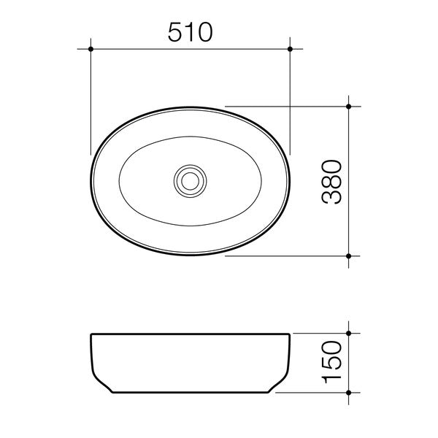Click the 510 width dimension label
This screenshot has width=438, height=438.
(x=190, y=31)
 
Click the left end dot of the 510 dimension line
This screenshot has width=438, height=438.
(x=91, y=49)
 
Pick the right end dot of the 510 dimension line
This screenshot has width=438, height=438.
(x=291, y=49)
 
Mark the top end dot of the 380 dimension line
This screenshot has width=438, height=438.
(x=349, y=107)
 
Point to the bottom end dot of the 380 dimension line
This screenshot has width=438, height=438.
(x=349, y=256)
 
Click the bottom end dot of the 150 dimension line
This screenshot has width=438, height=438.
(x=349, y=395)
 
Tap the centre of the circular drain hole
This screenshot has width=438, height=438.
(x=191, y=180)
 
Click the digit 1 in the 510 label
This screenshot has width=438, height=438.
(x=189, y=31)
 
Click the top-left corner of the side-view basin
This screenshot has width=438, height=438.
(x=91, y=335)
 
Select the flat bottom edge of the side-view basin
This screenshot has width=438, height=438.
(x=191, y=395)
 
